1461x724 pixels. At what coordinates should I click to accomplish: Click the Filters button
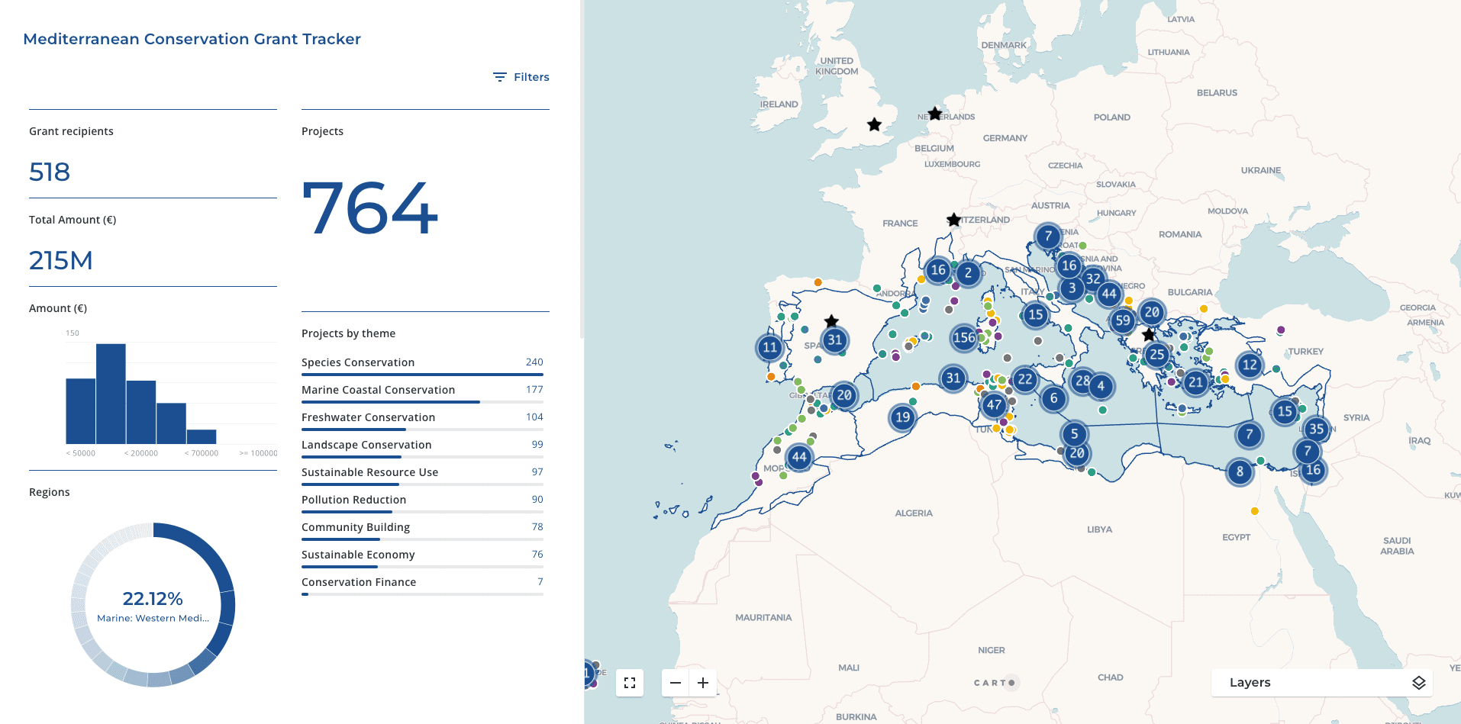coord(521,77)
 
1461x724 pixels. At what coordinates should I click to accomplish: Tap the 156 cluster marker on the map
coord(964,337)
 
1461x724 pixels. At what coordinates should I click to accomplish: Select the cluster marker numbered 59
coord(1122,321)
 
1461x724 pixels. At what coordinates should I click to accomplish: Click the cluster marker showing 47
coord(994,405)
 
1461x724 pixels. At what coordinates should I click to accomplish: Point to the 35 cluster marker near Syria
coord(1316,429)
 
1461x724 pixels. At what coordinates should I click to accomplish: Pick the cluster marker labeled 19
coord(903,417)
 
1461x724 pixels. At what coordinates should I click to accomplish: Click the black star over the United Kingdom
coord(875,124)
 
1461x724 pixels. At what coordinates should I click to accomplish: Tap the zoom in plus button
coord(703,683)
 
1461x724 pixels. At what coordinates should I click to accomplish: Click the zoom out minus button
coord(676,683)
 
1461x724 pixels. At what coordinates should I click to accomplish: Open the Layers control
coord(1321,683)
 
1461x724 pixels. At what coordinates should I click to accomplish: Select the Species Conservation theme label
coord(358,362)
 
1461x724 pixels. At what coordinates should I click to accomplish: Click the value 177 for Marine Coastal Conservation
coord(534,390)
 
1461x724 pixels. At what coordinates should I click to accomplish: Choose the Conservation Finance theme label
coord(359,582)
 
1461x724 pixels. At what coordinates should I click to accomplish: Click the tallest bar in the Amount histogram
coord(111,394)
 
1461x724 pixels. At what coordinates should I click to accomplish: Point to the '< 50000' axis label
coord(81,453)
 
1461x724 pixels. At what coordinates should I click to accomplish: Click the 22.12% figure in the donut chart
coord(153,599)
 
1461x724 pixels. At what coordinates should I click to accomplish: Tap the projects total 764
coord(370,208)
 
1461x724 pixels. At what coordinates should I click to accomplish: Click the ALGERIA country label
coord(914,513)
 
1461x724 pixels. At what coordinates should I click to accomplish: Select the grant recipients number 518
coord(50,172)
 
